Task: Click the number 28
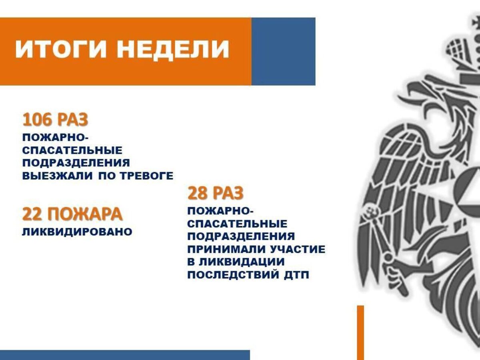[197, 194]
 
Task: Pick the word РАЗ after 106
[72, 120]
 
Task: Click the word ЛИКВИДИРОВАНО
[77, 232]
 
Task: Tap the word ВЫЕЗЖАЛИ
[58, 175]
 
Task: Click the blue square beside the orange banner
[283, 51]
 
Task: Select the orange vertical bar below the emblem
[360, 332]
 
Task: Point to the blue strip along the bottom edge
[124, 355]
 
